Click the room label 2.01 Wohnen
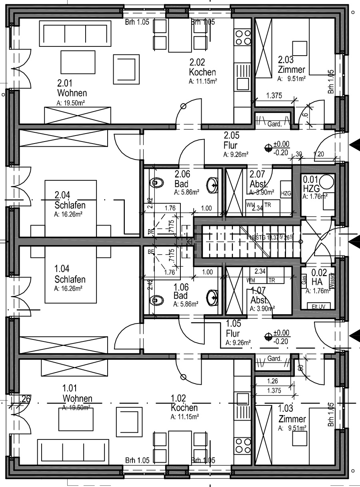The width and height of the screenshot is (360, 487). click(72, 88)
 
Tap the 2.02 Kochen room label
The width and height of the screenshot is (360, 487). click(202, 67)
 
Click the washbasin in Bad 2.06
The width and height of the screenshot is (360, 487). click(213, 184)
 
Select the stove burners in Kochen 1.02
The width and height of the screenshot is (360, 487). click(242, 446)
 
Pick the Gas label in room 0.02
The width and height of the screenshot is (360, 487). click(304, 279)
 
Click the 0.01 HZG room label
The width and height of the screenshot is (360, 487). click(311, 184)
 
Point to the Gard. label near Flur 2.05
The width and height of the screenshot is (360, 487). click(274, 124)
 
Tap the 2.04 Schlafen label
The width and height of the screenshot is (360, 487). click(70, 200)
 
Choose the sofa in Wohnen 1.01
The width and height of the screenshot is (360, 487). click(73, 451)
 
